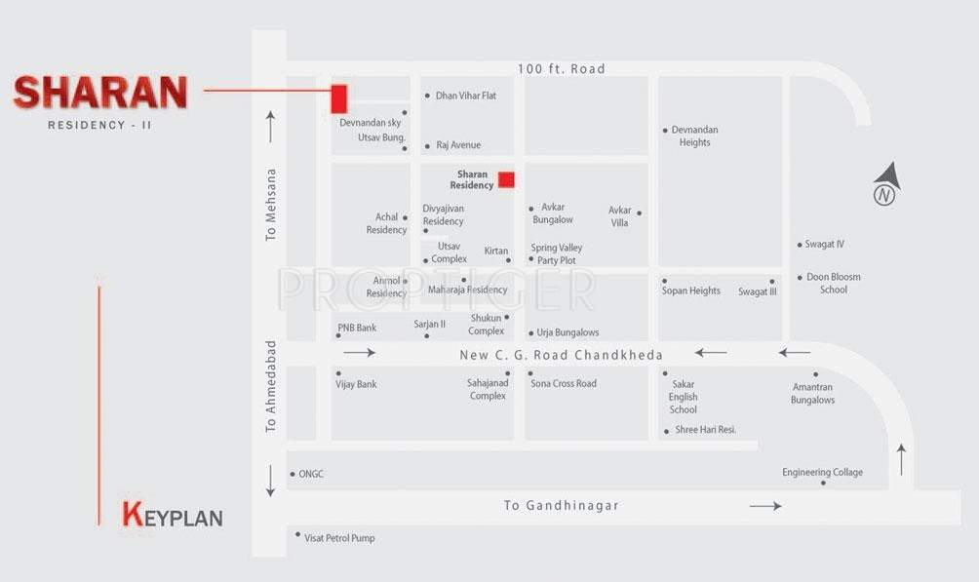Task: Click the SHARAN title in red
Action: coord(99,93)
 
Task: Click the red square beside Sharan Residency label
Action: coord(506,178)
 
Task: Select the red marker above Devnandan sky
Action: coord(339,98)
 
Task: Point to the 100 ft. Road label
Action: coord(562,69)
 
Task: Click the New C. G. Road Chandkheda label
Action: coord(561,355)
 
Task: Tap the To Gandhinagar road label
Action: coord(561,506)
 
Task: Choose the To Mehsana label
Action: coord(271,205)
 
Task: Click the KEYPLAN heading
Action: coord(173,516)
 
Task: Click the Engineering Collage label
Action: coord(822,473)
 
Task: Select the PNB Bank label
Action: coord(357,329)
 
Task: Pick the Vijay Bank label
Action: coord(356,384)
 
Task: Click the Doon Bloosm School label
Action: coord(833,283)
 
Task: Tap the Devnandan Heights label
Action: coord(694,136)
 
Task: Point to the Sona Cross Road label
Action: coord(564,384)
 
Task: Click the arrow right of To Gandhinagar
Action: coord(765,506)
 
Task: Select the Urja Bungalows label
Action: coord(568,332)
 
